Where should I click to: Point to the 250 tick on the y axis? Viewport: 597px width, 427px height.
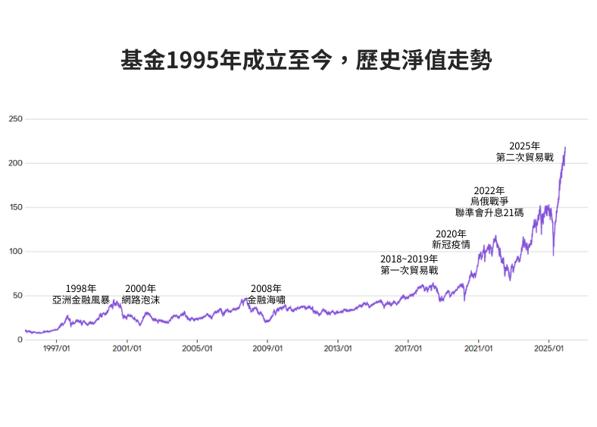(15, 119)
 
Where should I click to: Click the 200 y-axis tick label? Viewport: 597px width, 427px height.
(15, 163)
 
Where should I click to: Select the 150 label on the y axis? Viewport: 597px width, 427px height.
(15, 207)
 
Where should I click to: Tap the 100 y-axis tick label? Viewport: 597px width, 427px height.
(15, 251)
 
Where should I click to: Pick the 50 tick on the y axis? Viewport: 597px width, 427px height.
(17, 295)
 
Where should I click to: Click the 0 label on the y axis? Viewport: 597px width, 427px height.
(20, 339)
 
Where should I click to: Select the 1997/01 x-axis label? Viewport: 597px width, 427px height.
(56, 349)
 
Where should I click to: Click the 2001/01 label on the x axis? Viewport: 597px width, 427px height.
(127, 349)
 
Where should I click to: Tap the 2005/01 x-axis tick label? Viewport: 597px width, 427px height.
(197, 349)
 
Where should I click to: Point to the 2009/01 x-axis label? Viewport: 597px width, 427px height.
(267, 349)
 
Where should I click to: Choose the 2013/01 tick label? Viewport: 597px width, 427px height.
(338, 349)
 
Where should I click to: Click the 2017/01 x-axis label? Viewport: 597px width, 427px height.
(408, 349)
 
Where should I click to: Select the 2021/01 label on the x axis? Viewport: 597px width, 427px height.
(478, 349)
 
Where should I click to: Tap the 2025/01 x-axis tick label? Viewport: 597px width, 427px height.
(549, 349)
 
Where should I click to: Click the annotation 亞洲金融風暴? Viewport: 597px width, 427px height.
(80, 300)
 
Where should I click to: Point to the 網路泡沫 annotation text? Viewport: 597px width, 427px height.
(140, 300)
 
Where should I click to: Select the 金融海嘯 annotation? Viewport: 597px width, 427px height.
(266, 300)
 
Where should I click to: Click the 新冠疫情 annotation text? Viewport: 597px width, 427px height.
(451, 244)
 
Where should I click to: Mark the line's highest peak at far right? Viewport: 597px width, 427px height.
(565, 147)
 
